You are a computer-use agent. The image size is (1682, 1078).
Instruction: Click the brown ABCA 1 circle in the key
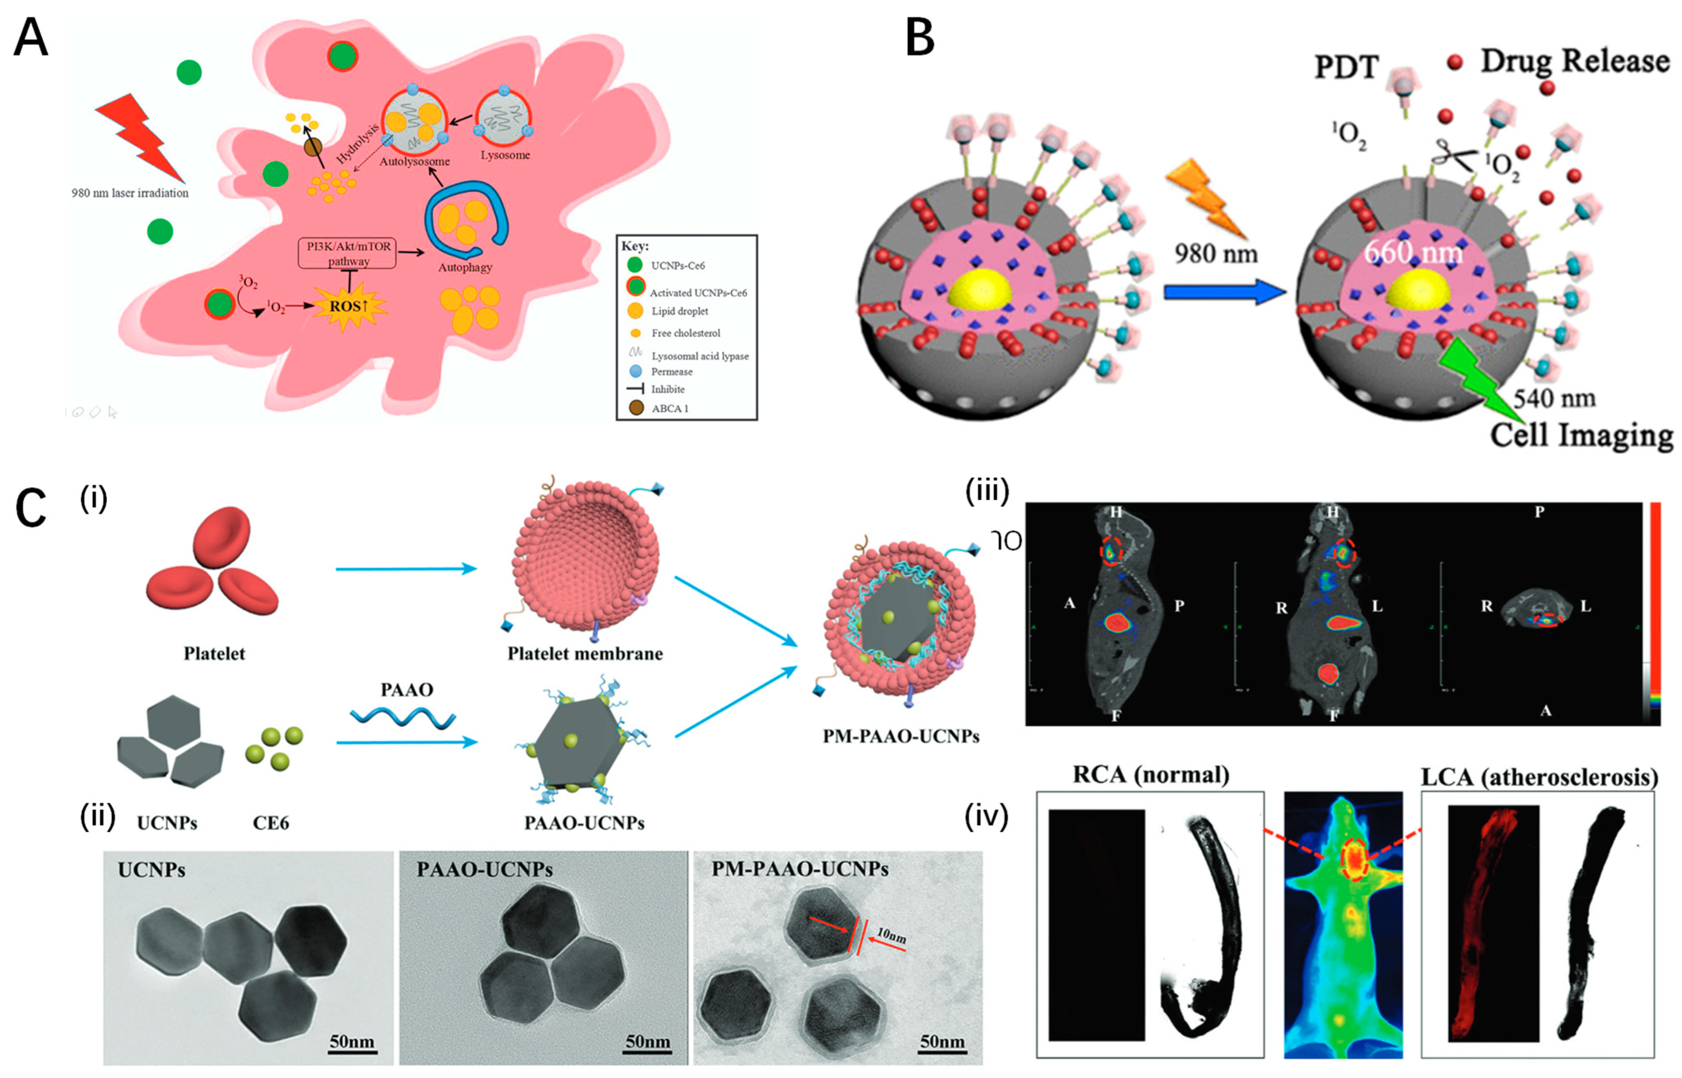(635, 407)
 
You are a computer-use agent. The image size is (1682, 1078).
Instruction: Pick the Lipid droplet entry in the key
(679, 311)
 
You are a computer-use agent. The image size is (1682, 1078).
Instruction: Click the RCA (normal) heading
(1151, 775)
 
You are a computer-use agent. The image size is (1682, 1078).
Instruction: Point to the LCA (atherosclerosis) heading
(1538, 776)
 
